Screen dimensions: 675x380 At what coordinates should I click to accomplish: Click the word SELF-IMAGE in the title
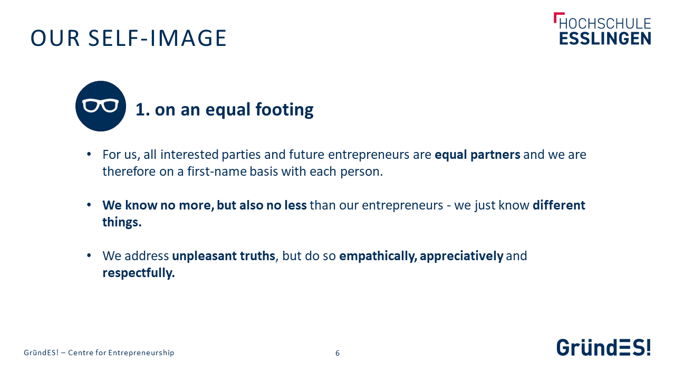pos(157,39)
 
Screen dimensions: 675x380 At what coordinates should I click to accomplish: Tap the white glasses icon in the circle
pos(100,105)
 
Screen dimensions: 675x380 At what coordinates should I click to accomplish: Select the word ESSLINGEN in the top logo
pos(605,39)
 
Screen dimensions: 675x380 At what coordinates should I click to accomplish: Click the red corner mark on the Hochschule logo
pos(558,16)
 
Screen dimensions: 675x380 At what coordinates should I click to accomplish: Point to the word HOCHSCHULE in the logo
pos(605,24)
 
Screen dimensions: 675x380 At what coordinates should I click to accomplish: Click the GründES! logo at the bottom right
pos(604,347)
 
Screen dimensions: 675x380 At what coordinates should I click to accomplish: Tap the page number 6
pos(337,353)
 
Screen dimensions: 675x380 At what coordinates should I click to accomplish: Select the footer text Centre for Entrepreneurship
pos(121,353)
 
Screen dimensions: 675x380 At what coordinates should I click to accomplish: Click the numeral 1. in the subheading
pos(142,109)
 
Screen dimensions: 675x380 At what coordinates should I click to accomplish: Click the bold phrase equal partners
pos(477,155)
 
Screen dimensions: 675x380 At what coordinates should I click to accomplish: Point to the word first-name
pos(217,172)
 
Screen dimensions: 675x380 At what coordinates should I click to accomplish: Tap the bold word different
pos(559,205)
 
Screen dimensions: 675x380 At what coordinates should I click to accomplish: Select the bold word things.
pos(122,222)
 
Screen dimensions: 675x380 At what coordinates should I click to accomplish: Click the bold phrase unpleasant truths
pos(224,256)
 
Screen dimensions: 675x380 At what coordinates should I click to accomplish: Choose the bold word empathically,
pos(378,256)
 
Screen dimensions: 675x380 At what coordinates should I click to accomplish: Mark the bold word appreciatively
pos(461,256)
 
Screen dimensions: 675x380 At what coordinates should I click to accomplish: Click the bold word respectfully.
pos(139,273)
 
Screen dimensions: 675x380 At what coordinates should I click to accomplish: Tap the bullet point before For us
pos(89,155)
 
